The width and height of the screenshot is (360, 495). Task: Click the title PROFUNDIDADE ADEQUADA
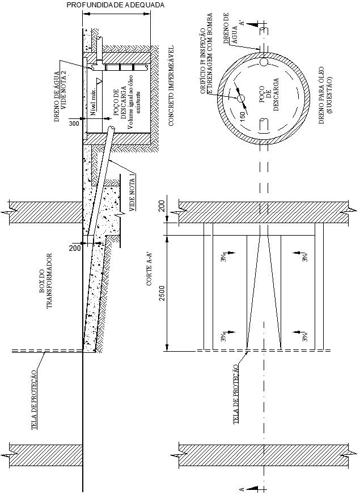click(116, 5)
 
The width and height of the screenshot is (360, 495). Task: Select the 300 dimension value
click(74, 123)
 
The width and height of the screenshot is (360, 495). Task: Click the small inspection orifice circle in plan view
click(241, 99)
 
